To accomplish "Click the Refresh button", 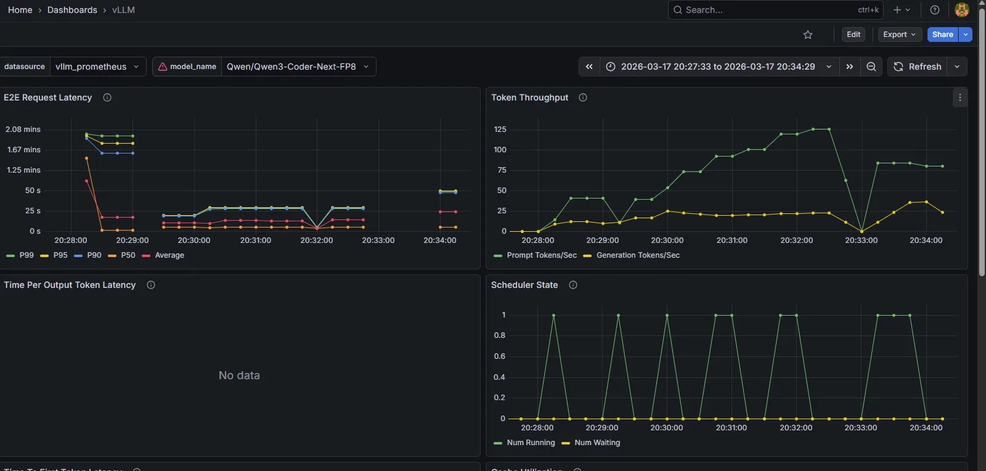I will [918, 67].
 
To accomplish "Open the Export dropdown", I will [899, 35].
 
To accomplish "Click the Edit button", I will [853, 35].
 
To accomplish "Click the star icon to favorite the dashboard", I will [808, 35].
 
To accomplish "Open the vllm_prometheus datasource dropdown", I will [97, 67].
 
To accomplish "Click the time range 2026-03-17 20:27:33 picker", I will [718, 67].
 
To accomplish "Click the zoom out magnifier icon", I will [871, 67].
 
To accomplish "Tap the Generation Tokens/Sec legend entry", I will [637, 255].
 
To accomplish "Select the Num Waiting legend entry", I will [597, 443].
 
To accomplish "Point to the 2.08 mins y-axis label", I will [23, 129].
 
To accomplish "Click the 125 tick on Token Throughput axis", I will [500, 129].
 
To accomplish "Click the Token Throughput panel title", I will [529, 97].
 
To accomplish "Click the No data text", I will [239, 375].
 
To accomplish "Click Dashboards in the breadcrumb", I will [72, 10].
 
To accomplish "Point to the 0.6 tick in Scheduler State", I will [499, 356].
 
